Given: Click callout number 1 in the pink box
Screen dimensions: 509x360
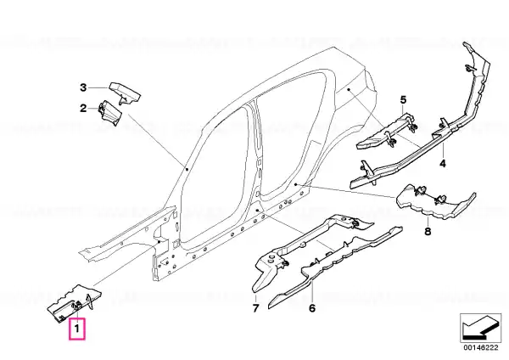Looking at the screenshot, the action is [x=77, y=329].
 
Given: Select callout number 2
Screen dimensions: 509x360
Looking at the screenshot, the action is [x=83, y=108].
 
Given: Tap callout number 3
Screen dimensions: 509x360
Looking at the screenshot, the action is [x=83, y=87].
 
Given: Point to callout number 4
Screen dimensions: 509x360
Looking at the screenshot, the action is [x=443, y=163].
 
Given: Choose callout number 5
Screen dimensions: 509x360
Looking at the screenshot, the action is [x=403, y=99].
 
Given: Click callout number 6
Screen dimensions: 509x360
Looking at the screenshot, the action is [x=312, y=308].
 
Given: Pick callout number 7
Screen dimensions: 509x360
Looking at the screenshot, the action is [x=256, y=308].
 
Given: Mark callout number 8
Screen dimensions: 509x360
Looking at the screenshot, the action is [x=428, y=232].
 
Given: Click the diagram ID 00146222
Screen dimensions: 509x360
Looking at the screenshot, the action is [x=480, y=348].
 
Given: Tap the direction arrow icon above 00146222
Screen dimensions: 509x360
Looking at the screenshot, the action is [x=480, y=328].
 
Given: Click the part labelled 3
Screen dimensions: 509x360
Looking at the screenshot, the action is [x=125, y=93].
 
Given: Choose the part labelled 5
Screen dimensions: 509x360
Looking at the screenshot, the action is [x=386, y=132].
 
